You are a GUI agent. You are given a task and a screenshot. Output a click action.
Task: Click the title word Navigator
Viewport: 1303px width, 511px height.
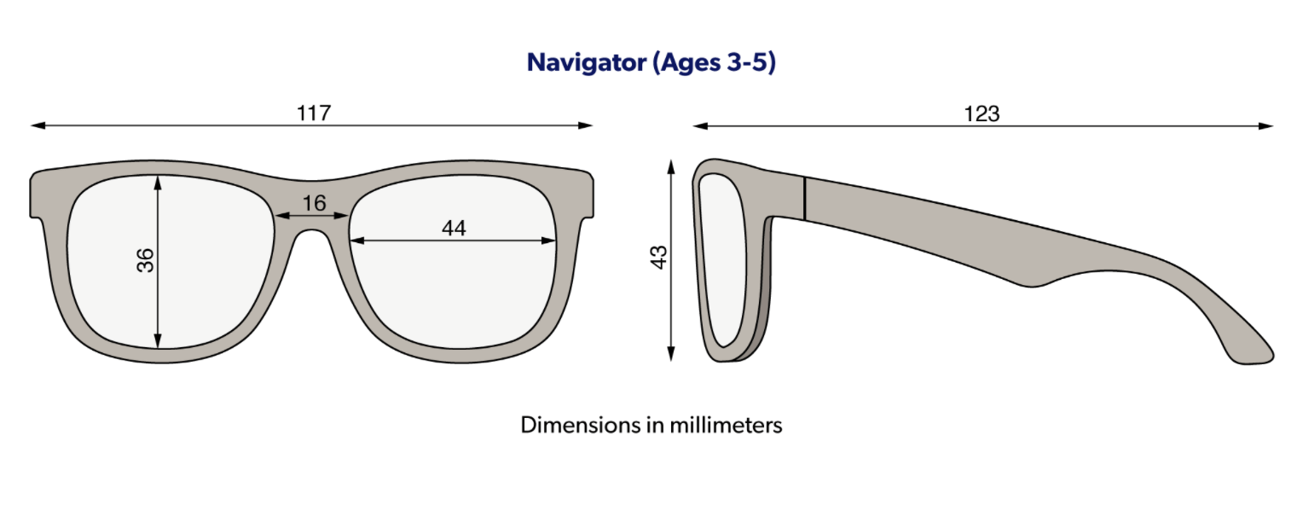587,63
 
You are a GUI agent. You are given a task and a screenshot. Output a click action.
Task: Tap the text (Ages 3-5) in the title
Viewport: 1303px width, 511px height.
715,63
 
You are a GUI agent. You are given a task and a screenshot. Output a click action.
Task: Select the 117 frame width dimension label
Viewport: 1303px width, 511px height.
314,113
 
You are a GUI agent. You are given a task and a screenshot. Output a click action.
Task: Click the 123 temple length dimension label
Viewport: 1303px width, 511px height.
982,113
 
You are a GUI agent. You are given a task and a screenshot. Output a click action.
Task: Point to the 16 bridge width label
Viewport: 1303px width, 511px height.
314,203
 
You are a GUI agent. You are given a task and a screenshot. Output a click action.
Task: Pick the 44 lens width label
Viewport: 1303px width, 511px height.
454,228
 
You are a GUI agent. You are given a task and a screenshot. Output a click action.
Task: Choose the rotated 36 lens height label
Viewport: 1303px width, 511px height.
146,260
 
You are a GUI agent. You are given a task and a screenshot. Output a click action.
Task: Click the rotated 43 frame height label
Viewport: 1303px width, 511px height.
658,258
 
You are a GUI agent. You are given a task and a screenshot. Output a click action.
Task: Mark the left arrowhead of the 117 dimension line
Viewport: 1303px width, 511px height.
38,125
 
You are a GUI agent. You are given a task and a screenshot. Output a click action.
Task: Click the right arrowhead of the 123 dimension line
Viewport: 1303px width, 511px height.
1265,125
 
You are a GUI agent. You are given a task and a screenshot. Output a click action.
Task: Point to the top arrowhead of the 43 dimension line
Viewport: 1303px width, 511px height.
671,166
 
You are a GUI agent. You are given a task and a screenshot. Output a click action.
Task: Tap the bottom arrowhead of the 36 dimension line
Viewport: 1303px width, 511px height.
158,341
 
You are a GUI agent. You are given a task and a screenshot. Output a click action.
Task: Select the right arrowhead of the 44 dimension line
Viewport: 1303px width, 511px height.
549,241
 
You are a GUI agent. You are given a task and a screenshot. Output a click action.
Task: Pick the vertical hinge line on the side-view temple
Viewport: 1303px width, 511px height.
804,199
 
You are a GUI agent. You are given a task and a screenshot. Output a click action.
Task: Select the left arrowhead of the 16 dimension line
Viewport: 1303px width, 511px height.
283,216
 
